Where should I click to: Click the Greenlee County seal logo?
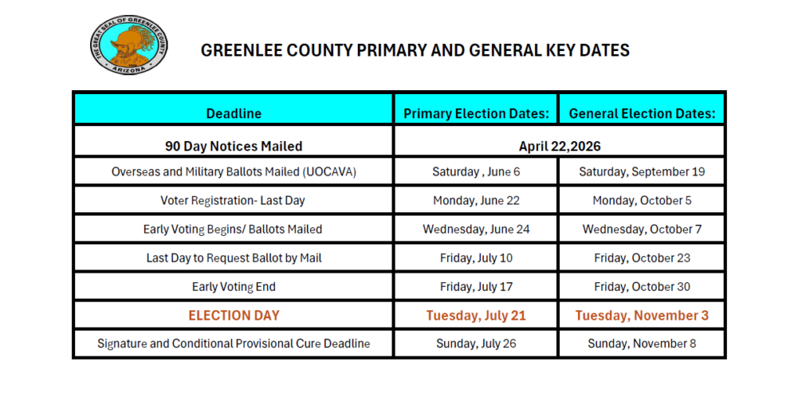click(129, 48)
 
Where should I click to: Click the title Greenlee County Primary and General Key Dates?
click(415, 50)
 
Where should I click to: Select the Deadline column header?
click(233, 114)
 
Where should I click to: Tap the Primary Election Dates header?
click(475, 114)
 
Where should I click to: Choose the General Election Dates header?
click(641, 114)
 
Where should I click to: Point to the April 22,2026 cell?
click(558, 146)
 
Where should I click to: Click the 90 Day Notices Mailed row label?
click(233, 146)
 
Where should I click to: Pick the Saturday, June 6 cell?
click(475, 172)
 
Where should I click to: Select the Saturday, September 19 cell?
click(641, 172)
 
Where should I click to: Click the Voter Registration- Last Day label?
click(233, 201)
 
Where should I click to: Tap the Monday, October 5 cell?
click(641, 201)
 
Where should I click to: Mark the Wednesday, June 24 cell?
click(475, 230)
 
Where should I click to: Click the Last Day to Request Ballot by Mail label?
click(233, 258)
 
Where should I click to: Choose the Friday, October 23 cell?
click(641, 258)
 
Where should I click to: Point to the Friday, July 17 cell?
click(475, 287)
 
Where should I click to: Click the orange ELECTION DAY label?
click(233, 316)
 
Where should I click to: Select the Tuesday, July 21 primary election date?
click(475, 316)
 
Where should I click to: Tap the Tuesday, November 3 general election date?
click(641, 316)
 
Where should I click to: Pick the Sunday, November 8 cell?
click(641, 343)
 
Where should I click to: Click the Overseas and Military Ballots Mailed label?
click(233, 172)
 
